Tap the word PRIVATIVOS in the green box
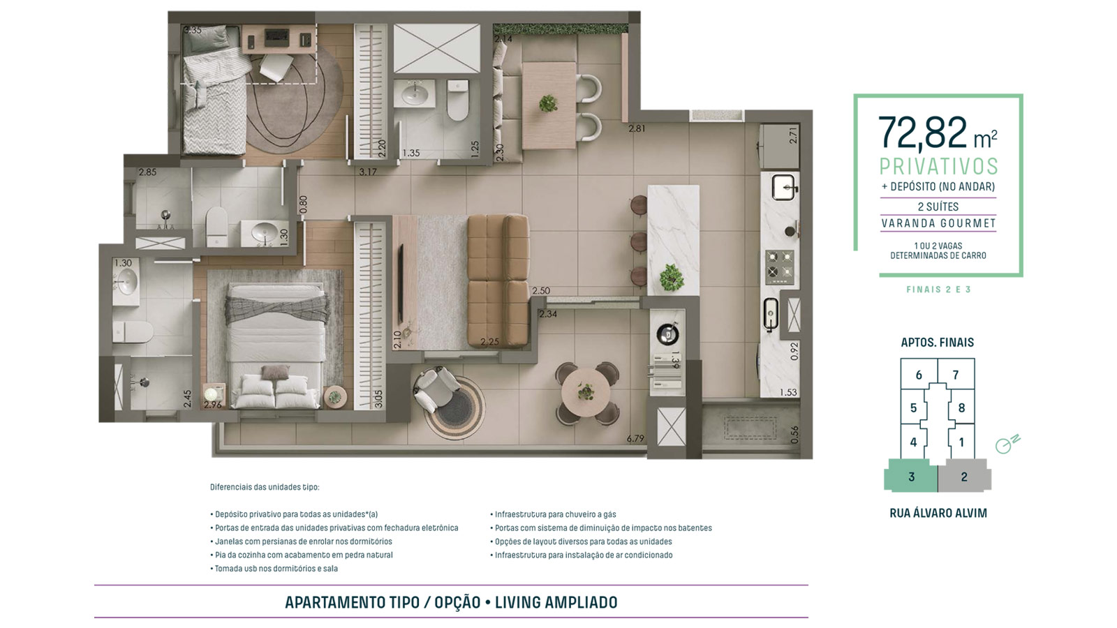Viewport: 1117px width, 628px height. [938, 167]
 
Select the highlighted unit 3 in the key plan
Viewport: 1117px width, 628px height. [910, 475]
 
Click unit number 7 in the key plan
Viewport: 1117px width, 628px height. [956, 375]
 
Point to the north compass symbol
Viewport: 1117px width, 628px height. [1007, 444]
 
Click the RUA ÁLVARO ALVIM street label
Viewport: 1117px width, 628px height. [938, 513]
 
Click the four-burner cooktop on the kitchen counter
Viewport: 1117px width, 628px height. [779, 266]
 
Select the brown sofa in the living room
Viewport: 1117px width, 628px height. [498, 280]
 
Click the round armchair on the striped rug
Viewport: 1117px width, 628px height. [436, 388]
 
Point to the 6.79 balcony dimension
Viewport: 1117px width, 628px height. [635, 439]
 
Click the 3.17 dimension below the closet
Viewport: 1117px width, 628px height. [367, 172]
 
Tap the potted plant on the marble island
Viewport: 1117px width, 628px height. [671, 277]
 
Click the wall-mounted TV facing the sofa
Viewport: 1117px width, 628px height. [400, 283]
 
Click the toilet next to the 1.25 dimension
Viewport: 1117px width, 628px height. [457, 101]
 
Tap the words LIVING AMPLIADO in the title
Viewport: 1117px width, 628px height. [556, 602]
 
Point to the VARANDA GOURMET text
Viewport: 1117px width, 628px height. [938, 223]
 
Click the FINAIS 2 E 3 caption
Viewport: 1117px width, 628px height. [938, 290]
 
